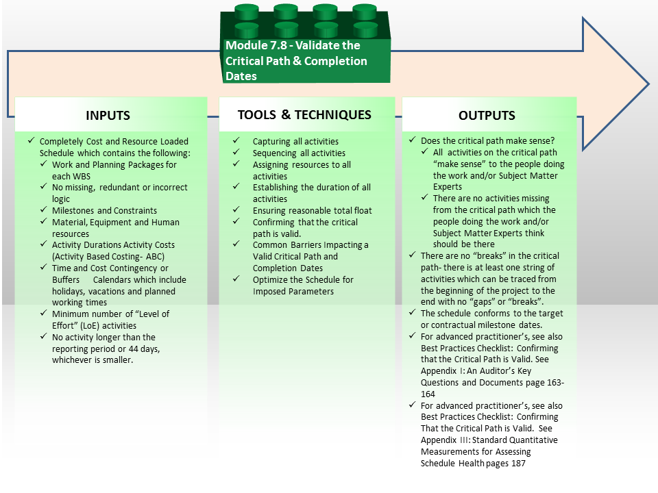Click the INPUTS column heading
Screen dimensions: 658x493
coord(108,115)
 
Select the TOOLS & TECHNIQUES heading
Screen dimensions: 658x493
coord(304,115)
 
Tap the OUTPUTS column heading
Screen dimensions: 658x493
coord(487,115)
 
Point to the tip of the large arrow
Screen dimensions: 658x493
coord(649,84)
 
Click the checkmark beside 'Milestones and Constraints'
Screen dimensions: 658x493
coord(44,210)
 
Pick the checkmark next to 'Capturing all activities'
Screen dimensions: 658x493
coord(236,140)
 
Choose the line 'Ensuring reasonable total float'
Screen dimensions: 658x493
coord(313,210)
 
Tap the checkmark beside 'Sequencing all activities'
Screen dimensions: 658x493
coord(236,152)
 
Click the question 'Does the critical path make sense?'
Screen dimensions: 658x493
coord(487,141)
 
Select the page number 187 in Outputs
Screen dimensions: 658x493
coord(518,464)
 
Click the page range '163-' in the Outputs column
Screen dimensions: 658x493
coord(556,382)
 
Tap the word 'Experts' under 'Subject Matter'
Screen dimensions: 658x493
coord(448,187)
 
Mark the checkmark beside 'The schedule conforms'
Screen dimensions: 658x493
coord(413,313)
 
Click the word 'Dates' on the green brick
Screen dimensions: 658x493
coord(241,76)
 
